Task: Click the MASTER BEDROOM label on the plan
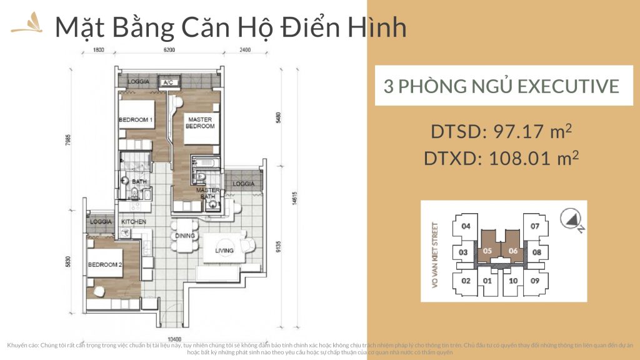pyautogui.click(x=199, y=122)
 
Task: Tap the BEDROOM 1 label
pyautogui.click(x=136, y=120)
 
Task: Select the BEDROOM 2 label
pyautogui.click(x=104, y=264)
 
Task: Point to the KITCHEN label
pyautogui.click(x=133, y=222)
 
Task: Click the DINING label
pyautogui.click(x=186, y=236)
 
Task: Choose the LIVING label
pyautogui.click(x=224, y=251)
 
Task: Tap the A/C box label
pyautogui.click(x=167, y=82)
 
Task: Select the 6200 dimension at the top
pyautogui.click(x=169, y=49)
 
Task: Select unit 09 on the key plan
pyautogui.click(x=535, y=281)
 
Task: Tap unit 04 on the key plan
pyautogui.click(x=465, y=226)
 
